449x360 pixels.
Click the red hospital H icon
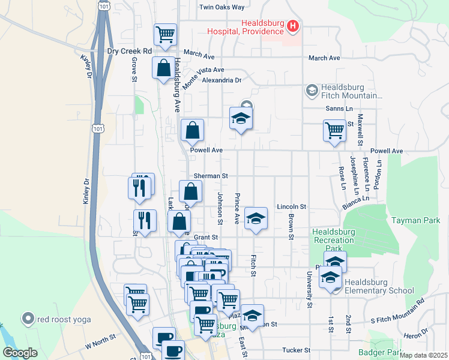click(293, 25)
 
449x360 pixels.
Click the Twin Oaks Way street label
click(222, 7)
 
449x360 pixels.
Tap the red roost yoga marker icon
click(27, 319)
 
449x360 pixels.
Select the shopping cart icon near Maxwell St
click(334, 130)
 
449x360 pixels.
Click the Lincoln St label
click(292, 206)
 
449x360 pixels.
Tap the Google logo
click(20, 353)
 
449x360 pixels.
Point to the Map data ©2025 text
click(423, 355)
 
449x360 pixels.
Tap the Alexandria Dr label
click(221, 80)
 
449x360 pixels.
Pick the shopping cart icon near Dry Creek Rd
click(165, 34)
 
